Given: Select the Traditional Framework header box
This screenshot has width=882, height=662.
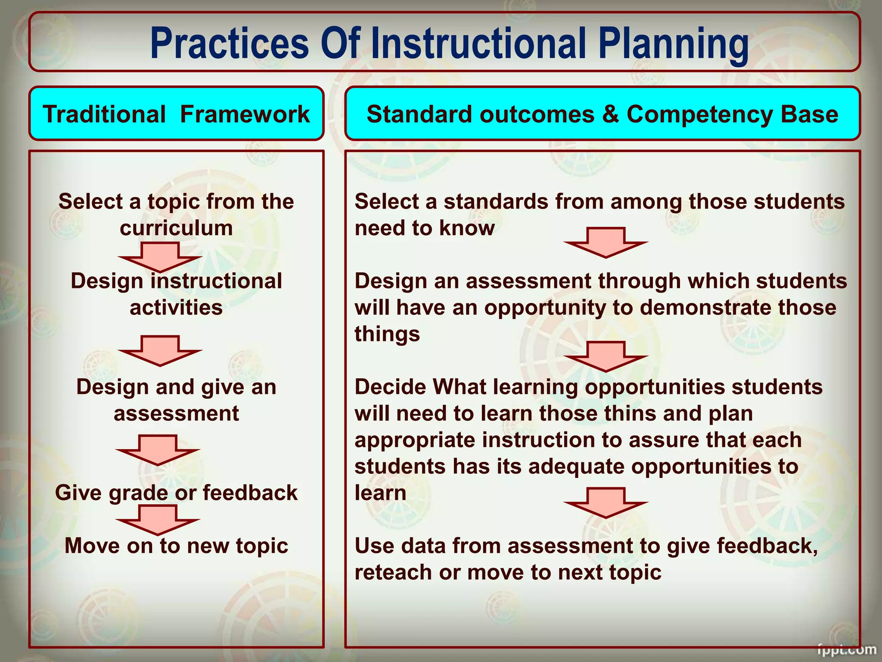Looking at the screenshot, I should click(176, 114).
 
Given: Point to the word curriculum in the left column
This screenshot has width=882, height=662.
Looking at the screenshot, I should click(176, 228).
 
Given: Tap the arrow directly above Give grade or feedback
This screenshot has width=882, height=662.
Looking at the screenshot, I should click(158, 450).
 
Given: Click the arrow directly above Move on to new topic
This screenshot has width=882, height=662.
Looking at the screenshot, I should click(158, 520).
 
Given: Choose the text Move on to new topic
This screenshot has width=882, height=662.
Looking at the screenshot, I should click(176, 546).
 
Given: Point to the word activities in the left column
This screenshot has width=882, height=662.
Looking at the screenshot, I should click(176, 308).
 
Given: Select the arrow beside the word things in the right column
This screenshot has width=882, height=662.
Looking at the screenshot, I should click(606, 356).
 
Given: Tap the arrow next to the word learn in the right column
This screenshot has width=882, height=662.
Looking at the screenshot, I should click(606, 503).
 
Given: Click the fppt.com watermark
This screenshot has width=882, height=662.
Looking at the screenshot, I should click(846, 649).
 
